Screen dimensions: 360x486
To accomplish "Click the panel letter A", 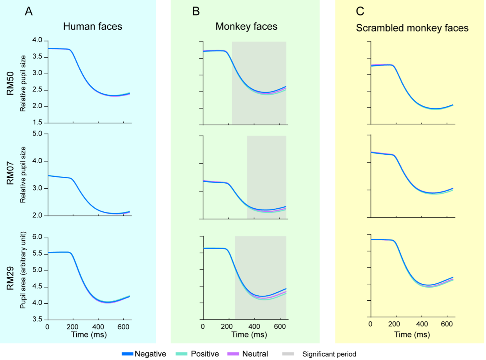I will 29,12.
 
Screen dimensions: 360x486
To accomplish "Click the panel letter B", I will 196,12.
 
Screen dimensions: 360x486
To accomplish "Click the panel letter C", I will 360,12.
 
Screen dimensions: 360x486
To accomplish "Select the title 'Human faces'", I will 92,27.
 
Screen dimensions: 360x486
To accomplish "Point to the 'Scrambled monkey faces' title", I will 412,28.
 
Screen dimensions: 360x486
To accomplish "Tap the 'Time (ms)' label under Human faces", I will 89,335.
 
